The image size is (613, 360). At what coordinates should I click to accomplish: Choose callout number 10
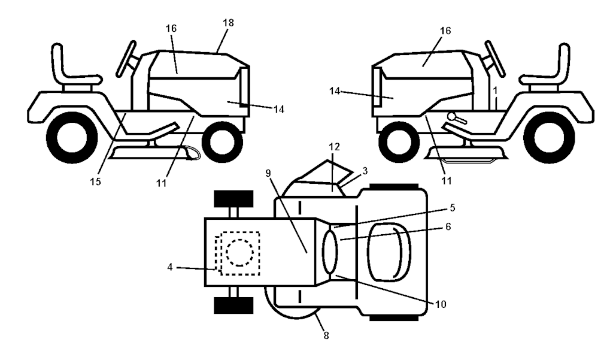click(x=440, y=304)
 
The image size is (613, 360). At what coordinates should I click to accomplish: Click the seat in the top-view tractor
click(x=389, y=252)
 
